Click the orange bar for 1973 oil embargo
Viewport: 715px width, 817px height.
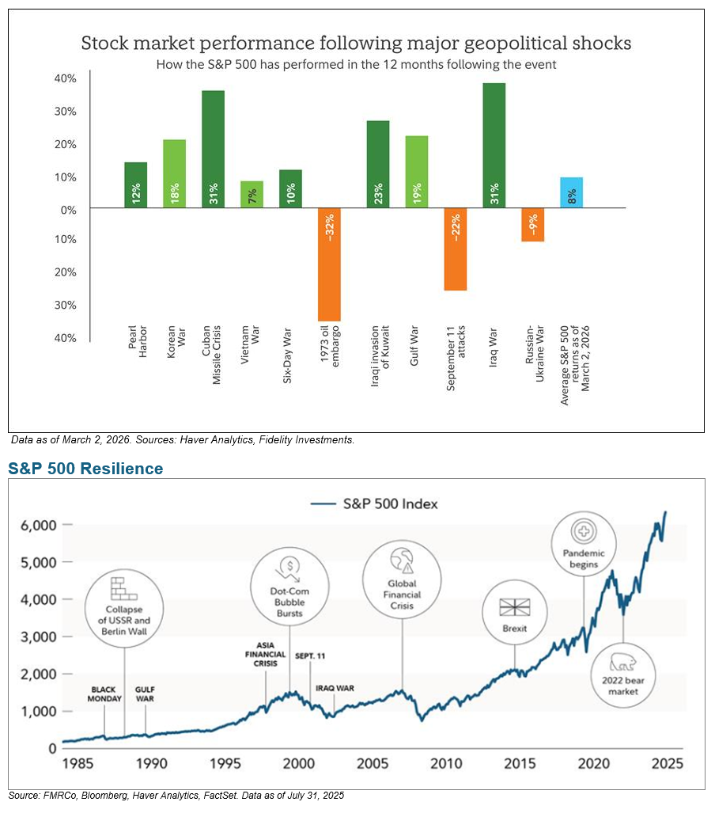pos(329,264)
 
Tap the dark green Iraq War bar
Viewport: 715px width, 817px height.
pos(494,146)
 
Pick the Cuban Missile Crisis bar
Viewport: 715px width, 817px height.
pos(213,150)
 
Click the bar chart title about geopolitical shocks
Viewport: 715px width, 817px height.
pos(356,43)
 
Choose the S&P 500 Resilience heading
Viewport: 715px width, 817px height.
pos(85,469)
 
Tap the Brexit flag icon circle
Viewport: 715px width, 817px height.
pos(515,612)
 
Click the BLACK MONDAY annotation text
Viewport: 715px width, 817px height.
pos(105,694)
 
